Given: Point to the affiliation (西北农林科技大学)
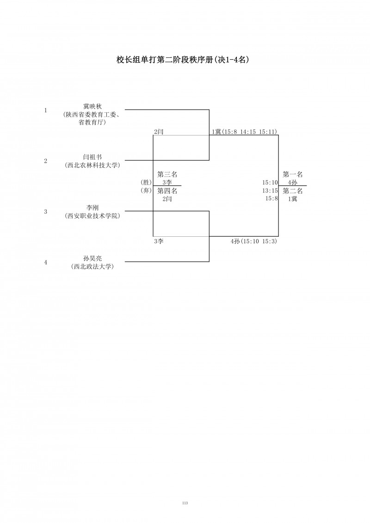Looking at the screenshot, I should [92, 165].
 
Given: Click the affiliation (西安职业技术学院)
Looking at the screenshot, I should [92, 215].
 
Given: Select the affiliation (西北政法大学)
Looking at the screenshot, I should [92, 266].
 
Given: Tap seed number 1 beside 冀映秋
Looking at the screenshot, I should [45, 111].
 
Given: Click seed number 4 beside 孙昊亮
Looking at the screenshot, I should [45, 262].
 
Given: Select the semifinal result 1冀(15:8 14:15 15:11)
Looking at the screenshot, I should [244, 132].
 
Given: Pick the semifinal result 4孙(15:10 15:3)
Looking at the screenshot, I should [254, 241].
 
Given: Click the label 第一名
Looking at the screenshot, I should [293, 174].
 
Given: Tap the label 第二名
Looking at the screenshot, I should [293, 191].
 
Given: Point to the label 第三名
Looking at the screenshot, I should [167, 174].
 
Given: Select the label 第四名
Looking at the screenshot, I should [167, 191].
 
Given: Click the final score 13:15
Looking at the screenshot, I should [270, 191].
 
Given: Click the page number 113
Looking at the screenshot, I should [185, 503].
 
